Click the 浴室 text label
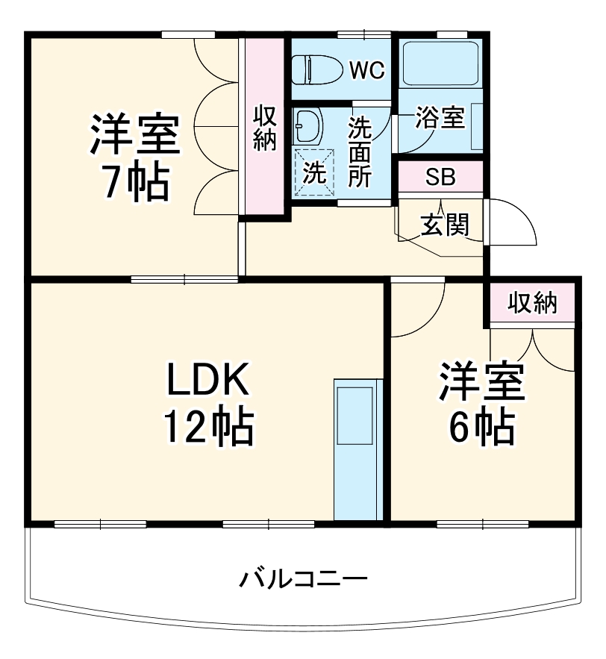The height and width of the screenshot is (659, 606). point(440,118)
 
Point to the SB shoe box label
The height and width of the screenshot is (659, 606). point(440,178)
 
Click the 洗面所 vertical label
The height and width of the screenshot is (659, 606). point(360,152)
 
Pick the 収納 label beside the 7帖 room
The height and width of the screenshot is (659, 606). point(264,128)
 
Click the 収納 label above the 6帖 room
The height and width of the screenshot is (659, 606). point(533,303)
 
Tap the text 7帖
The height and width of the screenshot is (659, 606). point(136,181)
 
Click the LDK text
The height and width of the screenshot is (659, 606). point(206,381)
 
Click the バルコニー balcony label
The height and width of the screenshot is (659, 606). point(304,578)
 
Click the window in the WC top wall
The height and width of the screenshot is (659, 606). point(363,34)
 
